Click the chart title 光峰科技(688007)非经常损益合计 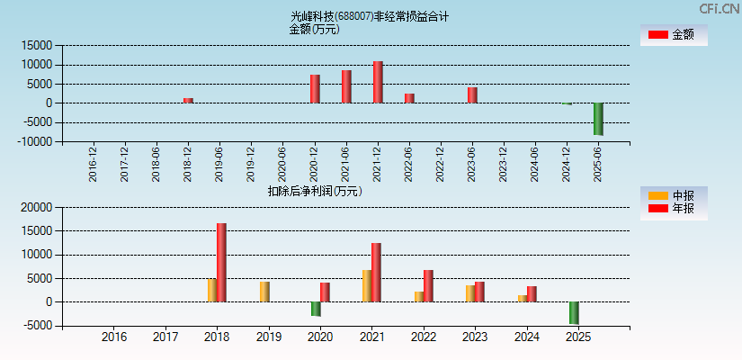tap(369, 16)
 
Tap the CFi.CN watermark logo tap(720, 8)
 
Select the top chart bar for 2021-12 tap(378, 82)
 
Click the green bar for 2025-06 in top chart tap(597, 119)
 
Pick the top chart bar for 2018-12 tap(188, 100)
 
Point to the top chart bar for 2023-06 tap(472, 94)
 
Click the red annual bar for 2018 tap(221, 262)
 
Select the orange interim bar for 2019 tap(264, 292)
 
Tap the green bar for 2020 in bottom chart tap(316, 309)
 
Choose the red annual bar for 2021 tap(376, 272)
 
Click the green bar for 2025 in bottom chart tap(574, 312)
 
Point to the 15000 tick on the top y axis tap(38, 45)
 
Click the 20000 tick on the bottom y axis tap(38, 207)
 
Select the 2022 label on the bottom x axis tap(423, 337)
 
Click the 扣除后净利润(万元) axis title tap(315, 191)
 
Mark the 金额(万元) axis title tap(314, 29)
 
